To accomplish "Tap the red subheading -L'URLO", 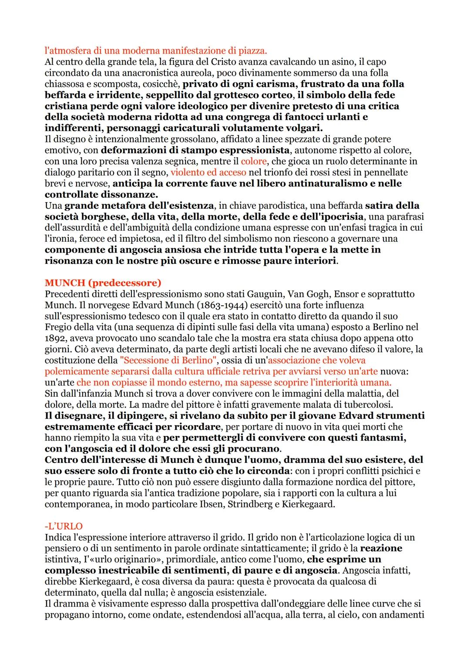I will (64, 526).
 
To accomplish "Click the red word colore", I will (254, 161).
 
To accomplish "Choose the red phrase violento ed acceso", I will (208, 172).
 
